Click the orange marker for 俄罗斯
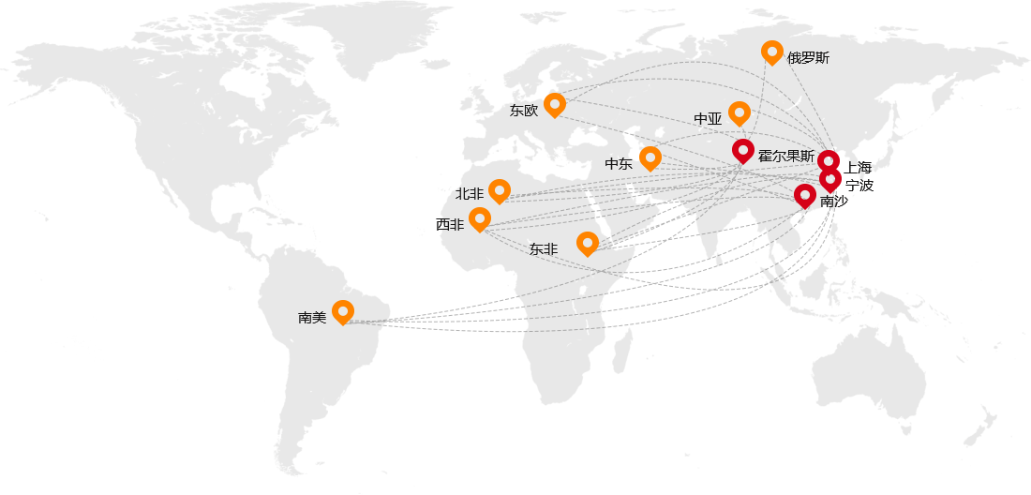771,52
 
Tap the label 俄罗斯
808,58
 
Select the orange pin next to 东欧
554,104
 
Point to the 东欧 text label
524,111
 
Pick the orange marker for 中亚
739,112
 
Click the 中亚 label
708,119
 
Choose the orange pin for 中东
650,157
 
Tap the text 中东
619,164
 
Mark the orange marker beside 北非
499,190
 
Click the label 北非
470,194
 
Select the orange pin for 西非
479,218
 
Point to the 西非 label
450,225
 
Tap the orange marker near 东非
587,243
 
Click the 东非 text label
544,249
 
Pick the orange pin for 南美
342,311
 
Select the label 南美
312,318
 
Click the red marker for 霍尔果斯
742,150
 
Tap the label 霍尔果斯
786,157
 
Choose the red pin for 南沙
804,195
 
